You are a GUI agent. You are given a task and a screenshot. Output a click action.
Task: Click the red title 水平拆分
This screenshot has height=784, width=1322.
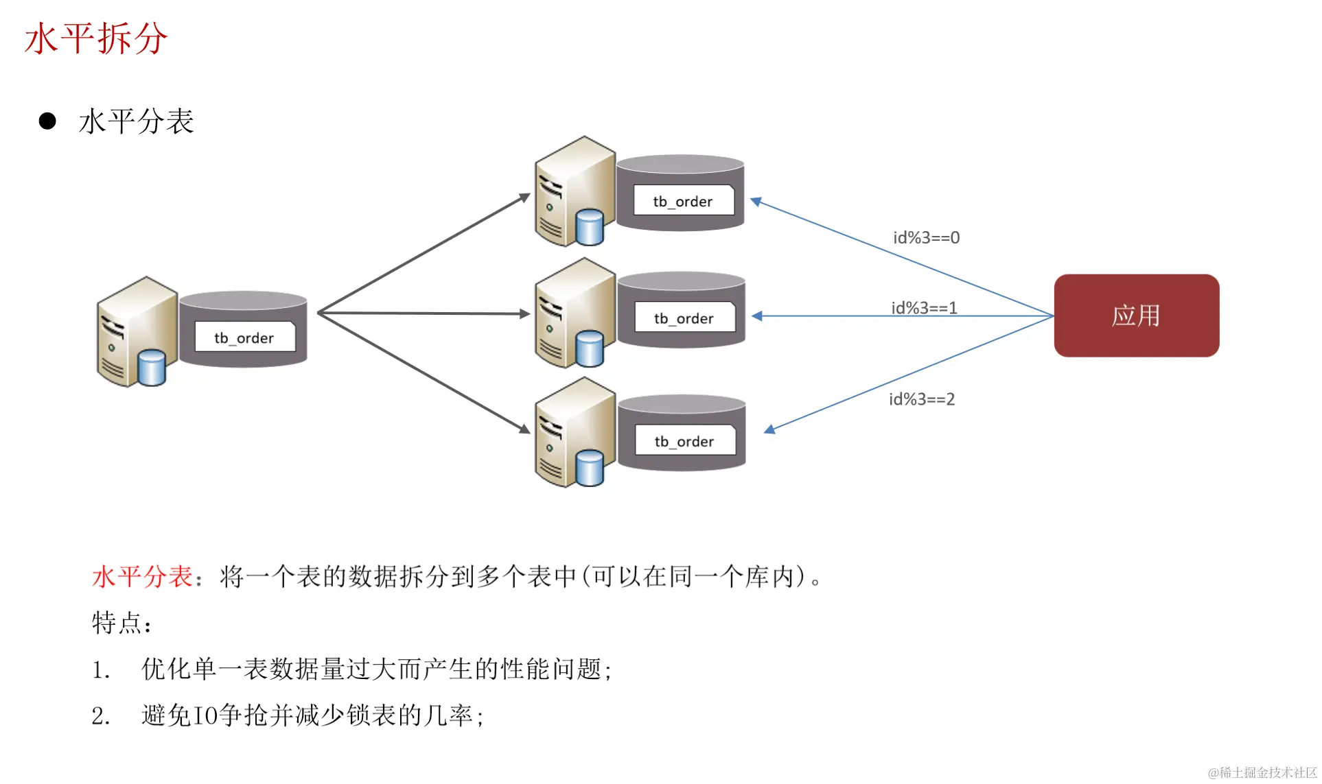(95, 38)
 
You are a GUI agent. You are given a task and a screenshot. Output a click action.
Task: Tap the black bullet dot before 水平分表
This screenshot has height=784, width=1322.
(47, 121)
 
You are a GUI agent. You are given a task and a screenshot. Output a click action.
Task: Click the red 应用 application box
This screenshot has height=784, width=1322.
(1136, 316)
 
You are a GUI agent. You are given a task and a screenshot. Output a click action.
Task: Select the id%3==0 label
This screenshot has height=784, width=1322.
(926, 238)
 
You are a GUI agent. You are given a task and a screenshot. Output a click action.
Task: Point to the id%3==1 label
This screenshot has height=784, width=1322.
(924, 308)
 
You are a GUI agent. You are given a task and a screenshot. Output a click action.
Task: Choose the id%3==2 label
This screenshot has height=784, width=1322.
(922, 399)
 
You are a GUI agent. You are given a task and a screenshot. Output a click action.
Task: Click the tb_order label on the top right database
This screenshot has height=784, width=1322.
(683, 201)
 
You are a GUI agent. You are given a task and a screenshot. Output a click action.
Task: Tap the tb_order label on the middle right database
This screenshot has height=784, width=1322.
(684, 318)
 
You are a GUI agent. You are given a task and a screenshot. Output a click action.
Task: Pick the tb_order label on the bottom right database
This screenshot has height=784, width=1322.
(684, 442)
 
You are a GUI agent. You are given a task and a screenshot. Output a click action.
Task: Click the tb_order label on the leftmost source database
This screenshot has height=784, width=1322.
(244, 337)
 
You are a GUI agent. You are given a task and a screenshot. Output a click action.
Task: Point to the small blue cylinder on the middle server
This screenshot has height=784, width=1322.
(590, 348)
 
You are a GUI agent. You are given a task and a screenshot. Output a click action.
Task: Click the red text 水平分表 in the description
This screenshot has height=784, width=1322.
(142, 577)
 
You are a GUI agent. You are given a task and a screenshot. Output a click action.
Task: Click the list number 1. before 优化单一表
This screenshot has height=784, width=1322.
(101, 670)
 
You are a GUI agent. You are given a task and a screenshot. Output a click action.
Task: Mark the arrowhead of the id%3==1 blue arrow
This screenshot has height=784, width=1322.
(757, 316)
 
